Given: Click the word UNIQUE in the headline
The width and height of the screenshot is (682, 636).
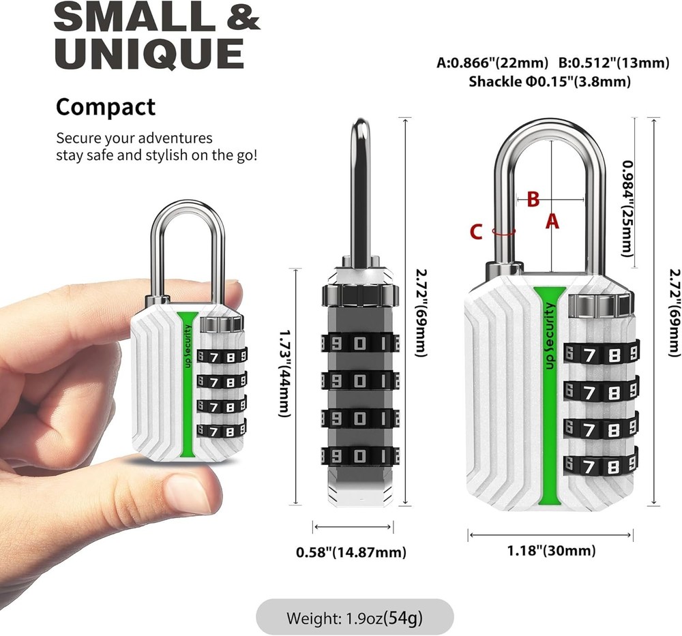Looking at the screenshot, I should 149,55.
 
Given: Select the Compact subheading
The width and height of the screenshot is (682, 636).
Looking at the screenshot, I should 106,107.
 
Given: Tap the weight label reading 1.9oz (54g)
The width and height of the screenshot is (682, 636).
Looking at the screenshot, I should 355,618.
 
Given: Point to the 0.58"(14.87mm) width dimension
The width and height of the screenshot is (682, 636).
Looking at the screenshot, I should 351,552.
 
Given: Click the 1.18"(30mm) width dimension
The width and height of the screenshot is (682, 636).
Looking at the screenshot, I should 550,551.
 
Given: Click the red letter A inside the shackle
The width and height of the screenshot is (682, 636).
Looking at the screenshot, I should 552,221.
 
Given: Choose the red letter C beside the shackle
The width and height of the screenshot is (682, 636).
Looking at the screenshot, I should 477,232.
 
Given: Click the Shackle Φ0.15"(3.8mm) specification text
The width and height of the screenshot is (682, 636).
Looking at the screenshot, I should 549,82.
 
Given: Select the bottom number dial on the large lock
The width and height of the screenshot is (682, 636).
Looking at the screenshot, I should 600,466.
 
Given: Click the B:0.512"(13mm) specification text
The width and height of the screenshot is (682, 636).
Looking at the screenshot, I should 614,63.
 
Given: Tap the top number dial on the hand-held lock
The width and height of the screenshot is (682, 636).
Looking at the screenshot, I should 221,355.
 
